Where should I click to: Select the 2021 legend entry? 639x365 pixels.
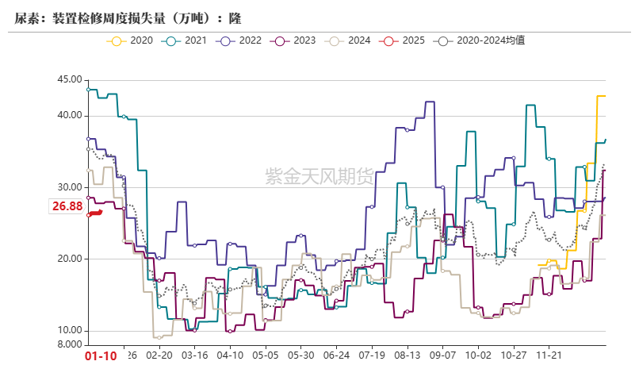pos(186,40)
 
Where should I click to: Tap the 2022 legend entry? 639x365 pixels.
pos(241,40)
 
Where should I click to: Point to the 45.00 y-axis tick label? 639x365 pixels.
pos(70,79)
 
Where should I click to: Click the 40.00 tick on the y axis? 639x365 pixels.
pos(70,116)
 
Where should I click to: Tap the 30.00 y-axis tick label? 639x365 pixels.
pos(70,187)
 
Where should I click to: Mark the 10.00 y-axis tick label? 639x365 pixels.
pos(70,331)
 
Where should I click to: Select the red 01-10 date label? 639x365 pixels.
pos(101,356)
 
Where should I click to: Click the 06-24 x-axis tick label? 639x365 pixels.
pos(338,356)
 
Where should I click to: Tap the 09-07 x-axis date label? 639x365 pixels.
pos(443,356)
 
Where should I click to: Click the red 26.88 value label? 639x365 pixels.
pos(67,207)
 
